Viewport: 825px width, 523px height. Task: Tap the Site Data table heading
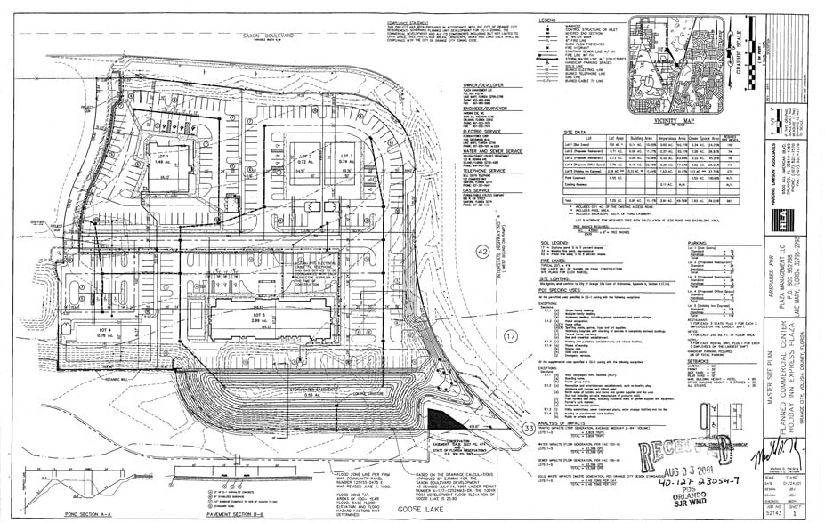point(565,131)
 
